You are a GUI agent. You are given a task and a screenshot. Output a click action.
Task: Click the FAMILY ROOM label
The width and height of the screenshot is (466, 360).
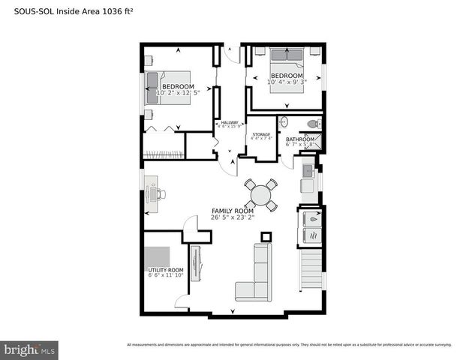[233, 211]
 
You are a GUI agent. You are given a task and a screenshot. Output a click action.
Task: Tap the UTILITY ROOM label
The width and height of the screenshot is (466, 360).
[165, 269]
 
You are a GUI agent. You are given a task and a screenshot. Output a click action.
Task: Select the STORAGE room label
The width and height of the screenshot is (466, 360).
[260, 134]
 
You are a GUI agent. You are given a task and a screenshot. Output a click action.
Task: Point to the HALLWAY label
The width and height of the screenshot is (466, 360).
[229, 122]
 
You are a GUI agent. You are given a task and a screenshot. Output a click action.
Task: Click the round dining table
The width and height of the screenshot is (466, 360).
[261, 195]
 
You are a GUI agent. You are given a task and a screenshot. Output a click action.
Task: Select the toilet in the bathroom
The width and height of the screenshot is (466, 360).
[314, 124]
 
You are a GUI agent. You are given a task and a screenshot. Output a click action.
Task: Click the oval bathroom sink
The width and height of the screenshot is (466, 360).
[283, 122]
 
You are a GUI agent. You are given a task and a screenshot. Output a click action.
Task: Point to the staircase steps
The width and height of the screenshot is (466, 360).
[310, 271]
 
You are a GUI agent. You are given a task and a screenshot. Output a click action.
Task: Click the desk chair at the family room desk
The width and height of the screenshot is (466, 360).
[159, 193]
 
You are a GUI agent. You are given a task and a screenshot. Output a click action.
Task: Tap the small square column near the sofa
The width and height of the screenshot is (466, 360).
[265, 237]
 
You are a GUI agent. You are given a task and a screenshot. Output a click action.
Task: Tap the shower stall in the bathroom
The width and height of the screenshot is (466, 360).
[314, 140]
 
